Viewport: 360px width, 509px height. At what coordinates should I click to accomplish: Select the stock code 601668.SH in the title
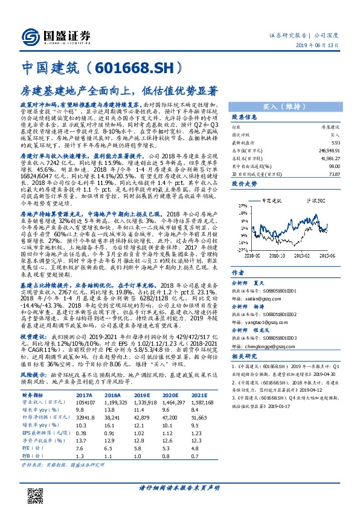point(140,66)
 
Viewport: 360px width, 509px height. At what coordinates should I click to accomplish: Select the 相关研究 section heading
point(245,358)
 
